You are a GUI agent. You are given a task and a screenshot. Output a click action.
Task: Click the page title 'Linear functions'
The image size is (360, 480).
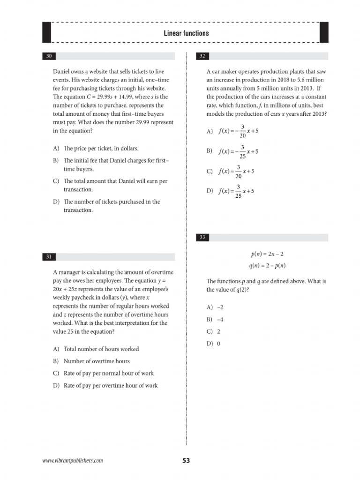(x=186, y=33)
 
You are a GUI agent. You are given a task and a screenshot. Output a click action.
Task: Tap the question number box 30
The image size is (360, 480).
(x=49, y=57)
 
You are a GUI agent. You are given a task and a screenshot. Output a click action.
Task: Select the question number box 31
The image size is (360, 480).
(x=49, y=257)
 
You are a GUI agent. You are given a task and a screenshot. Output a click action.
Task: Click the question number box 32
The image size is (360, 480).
(x=202, y=57)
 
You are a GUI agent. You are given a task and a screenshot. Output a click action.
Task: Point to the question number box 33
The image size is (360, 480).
(x=202, y=238)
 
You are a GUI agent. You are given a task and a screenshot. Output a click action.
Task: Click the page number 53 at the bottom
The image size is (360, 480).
(x=186, y=461)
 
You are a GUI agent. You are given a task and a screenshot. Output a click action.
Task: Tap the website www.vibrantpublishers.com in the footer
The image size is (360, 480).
(x=73, y=461)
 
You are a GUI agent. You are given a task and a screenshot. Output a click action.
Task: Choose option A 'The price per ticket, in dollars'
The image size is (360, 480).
(x=96, y=149)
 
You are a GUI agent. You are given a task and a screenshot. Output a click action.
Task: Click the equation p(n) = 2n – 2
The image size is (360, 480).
(x=267, y=254)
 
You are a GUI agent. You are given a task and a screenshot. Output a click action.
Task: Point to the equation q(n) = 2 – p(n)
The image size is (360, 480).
(x=267, y=266)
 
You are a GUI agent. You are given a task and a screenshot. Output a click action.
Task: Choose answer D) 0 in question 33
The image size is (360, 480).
(x=213, y=344)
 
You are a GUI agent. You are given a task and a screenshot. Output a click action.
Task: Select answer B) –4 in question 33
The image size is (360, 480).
(x=215, y=319)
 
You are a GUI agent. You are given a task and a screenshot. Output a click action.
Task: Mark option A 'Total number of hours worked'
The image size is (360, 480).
(x=96, y=349)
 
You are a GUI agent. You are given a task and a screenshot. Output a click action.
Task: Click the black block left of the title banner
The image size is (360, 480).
(x=46, y=33)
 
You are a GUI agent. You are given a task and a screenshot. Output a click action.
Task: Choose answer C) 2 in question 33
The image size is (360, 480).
(x=213, y=331)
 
